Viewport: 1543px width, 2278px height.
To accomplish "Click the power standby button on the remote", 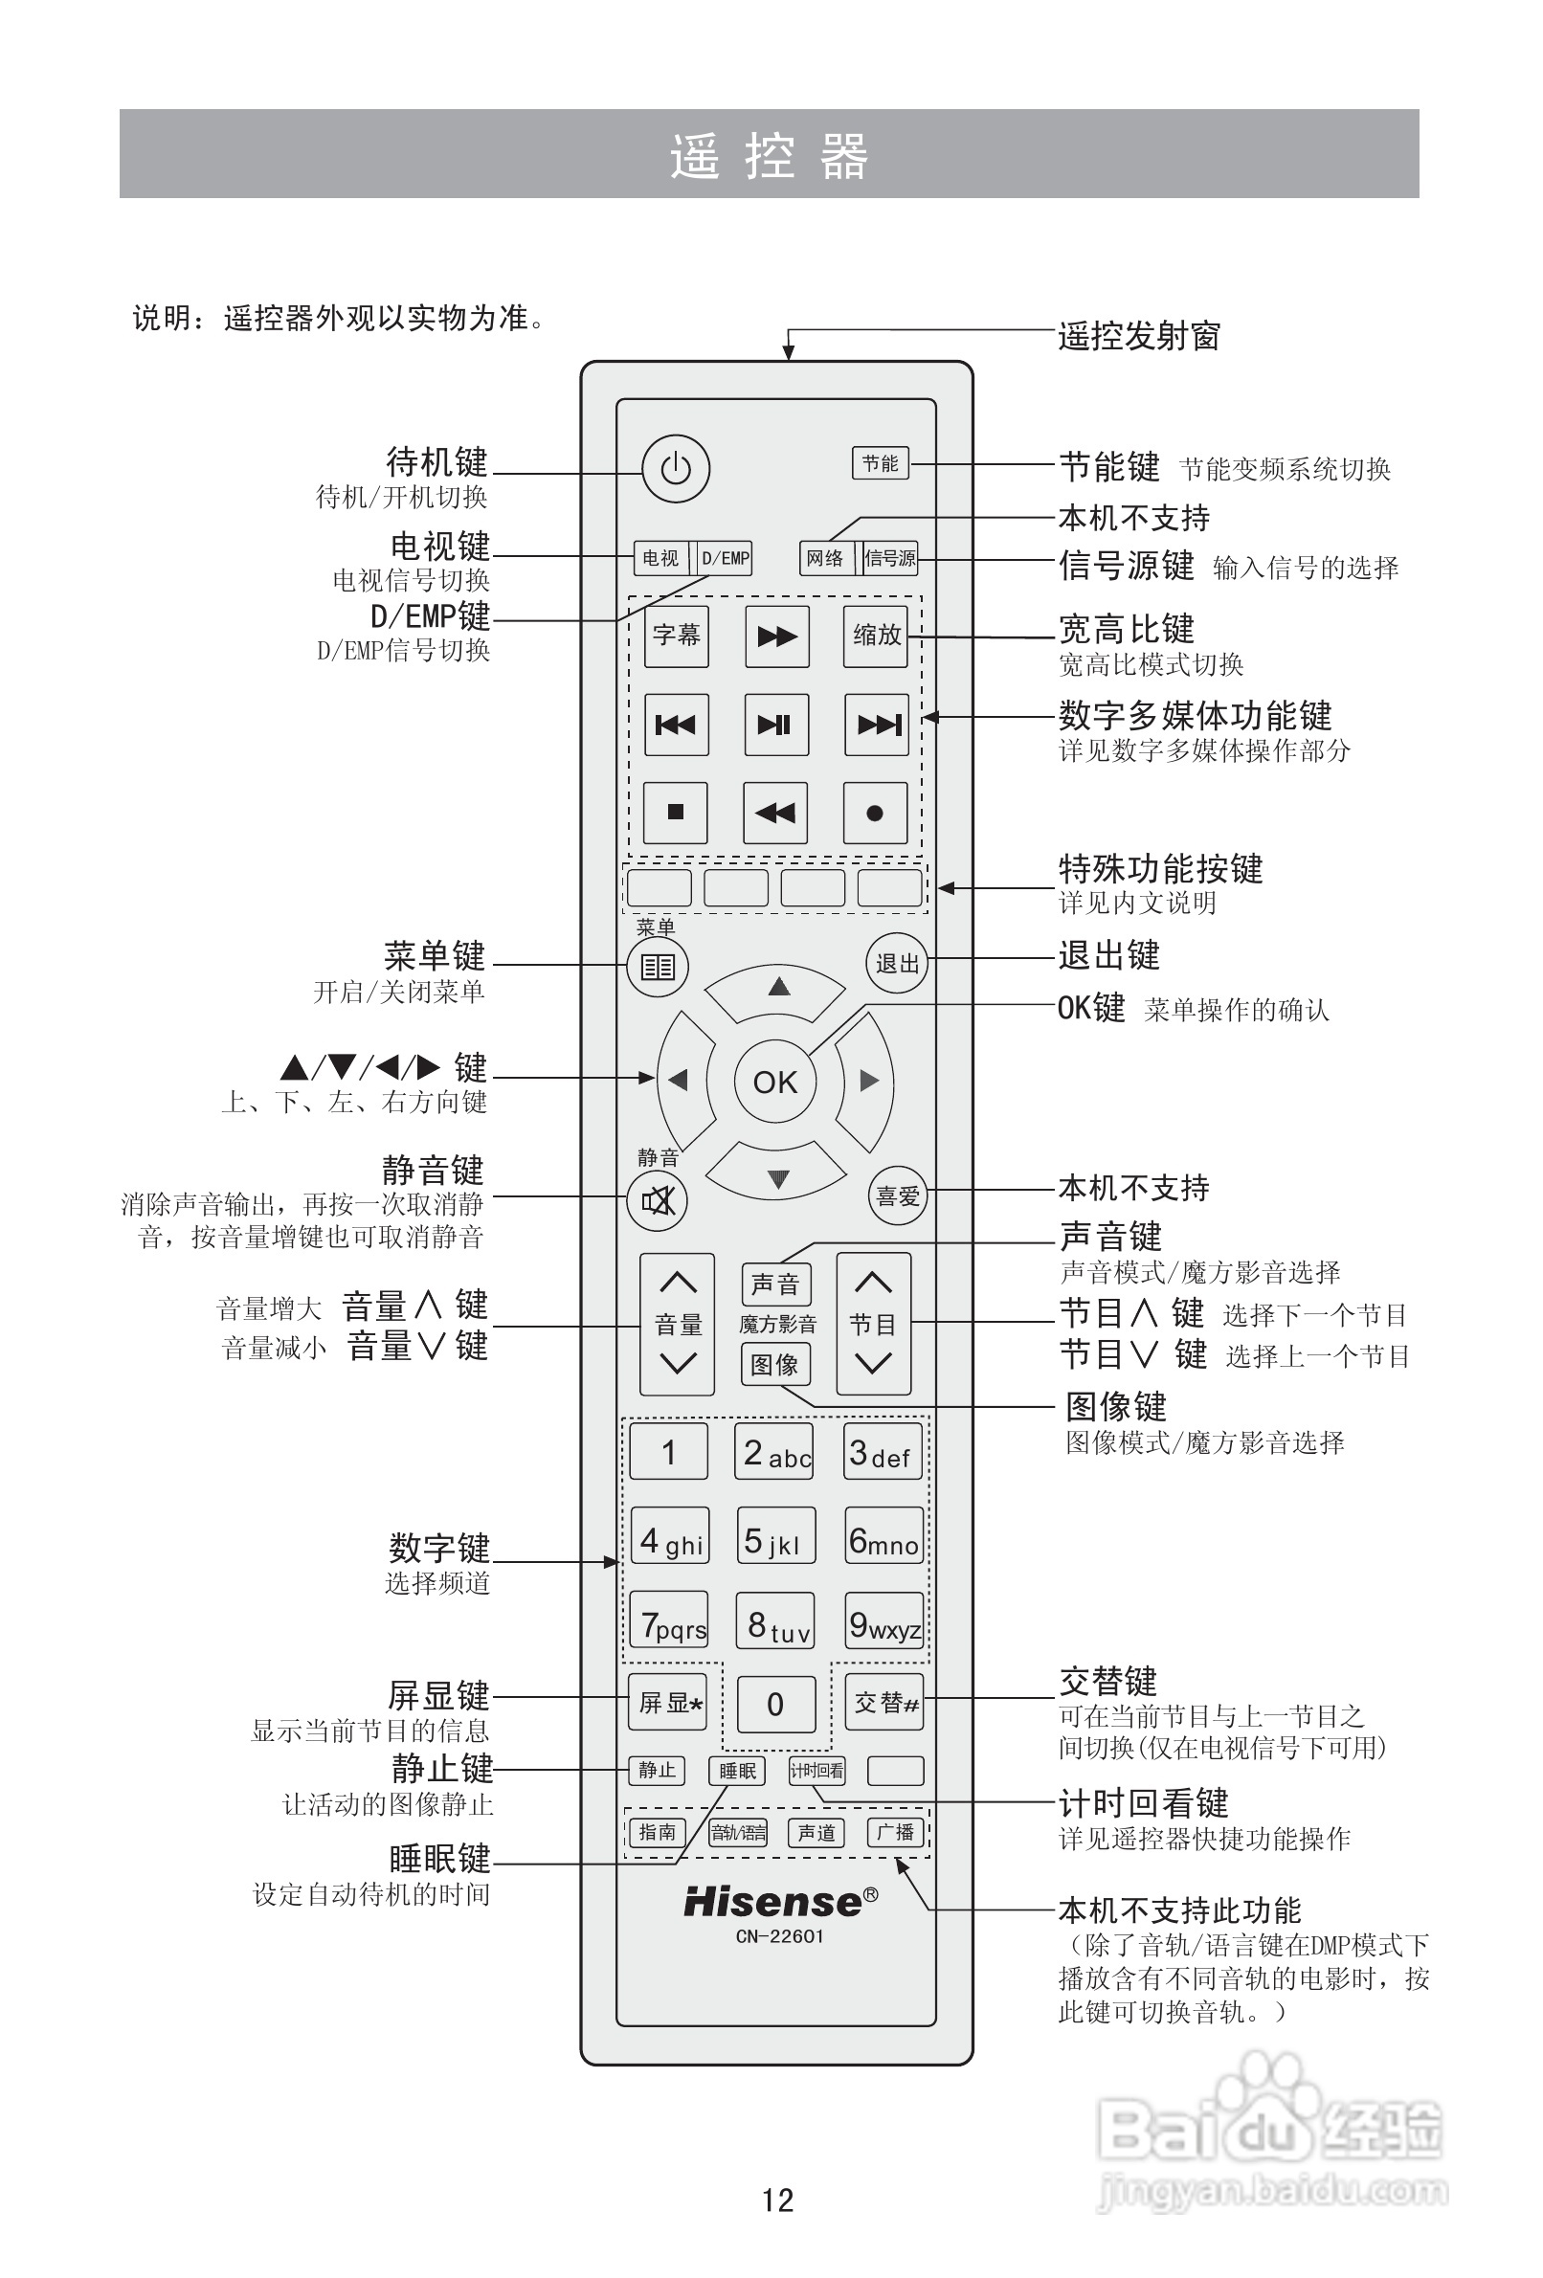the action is [x=676, y=469].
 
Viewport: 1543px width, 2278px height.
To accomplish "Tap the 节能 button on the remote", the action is [x=880, y=463].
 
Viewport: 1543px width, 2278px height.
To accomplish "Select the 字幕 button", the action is [x=677, y=636].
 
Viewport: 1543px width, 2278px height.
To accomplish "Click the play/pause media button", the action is [x=775, y=725].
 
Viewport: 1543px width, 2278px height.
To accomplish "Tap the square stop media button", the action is [x=676, y=812].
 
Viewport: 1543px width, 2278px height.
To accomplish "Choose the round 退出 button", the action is [x=897, y=964].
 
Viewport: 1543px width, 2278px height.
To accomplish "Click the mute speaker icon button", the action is [x=657, y=1199].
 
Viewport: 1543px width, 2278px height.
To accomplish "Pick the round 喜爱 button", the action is [x=897, y=1195].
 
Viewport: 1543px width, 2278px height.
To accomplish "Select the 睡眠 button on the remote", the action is [x=736, y=1771].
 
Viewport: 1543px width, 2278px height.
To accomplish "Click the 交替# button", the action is [x=884, y=1702].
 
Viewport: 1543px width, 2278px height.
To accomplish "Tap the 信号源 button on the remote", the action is [x=889, y=558].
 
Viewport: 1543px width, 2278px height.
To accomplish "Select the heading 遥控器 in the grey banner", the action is [x=770, y=155].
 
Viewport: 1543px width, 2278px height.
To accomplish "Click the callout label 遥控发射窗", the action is [x=1138, y=336].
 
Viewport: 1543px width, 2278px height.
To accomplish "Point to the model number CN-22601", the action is [x=779, y=1936].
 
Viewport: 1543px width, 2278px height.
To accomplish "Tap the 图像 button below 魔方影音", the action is [x=774, y=1365].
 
